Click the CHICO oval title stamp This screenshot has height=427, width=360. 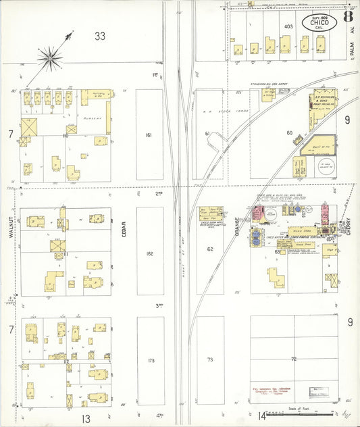pyautogui.click(x=320, y=22)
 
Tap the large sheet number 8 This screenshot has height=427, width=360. pyautogui.click(x=347, y=16)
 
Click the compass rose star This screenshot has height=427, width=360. pyautogui.click(x=50, y=57)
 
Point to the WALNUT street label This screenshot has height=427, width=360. pyautogui.click(x=12, y=226)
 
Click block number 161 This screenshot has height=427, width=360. pyautogui.click(x=149, y=135)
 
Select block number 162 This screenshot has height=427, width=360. pyautogui.click(x=149, y=253)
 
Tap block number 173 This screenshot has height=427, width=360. pyautogui.click(x=151, y=361)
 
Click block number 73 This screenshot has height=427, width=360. pyautogui.click(x=210, y=360)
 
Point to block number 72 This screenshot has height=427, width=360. pyautogui.click(x=294, y=359)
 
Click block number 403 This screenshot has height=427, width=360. pyautogui.click(x=288, y=26)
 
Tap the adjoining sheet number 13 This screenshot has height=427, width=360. pyautogui.click(x=86, y=419)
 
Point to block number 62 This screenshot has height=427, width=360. pyautogui.click(x=210, y=249)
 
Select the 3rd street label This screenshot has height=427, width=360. pyautogui.click(x=160, y=305)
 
